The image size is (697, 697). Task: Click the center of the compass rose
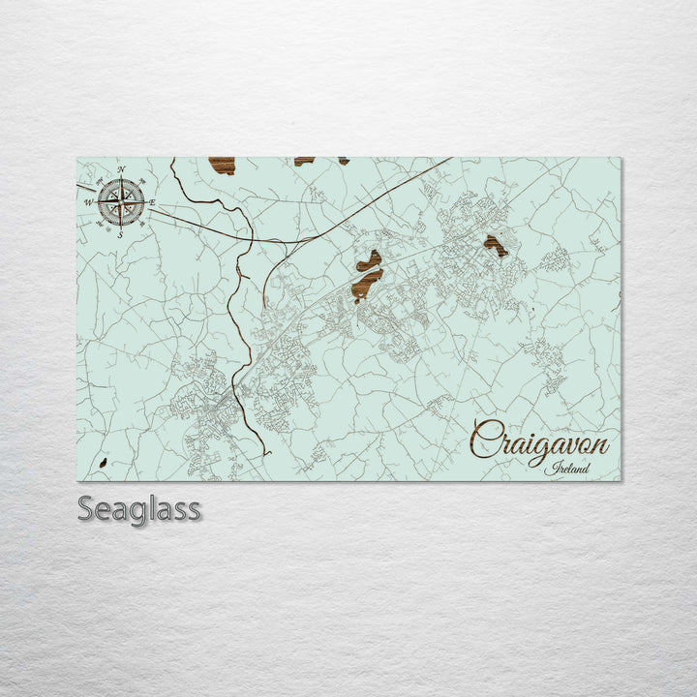[x=121, y=201]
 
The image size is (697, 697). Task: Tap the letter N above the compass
[x=122, y=170]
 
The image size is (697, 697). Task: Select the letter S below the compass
[x=120, y=233]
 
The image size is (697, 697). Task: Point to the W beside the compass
[x=89, y=202]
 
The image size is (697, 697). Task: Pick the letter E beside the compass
[x=152, y=201]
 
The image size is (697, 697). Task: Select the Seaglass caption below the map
[x=139, y=508]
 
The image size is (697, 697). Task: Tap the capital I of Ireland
[x=549, y=469]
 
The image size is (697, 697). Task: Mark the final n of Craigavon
[x=601, y=446]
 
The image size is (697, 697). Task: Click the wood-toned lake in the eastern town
[x=496, y=246]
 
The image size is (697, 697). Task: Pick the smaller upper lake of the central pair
[x=369, y=260]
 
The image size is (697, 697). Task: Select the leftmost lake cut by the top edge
[x=223, y=165]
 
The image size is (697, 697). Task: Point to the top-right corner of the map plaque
[x=621, y=159]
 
